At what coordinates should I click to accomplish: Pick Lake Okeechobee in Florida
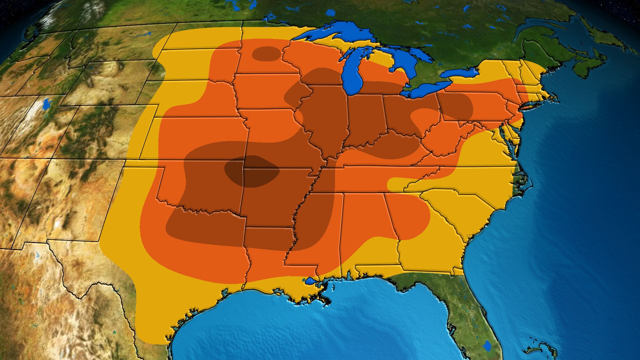(x=487, y=346)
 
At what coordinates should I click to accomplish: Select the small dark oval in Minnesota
(x=266, y=54)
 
